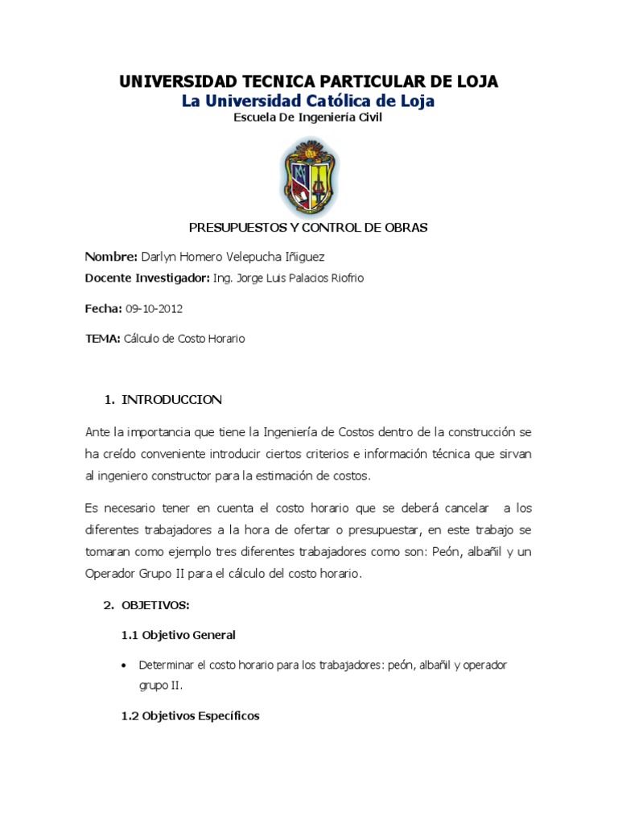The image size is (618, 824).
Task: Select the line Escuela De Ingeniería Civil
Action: point(308,117)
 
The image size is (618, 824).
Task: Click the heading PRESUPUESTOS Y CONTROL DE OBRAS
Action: point(308,228)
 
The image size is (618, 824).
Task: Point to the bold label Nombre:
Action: point(111,257)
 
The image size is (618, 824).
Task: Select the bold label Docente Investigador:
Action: point(146,278)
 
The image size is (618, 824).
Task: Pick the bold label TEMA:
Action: point(102,339)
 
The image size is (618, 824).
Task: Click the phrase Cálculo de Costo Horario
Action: point(183,339)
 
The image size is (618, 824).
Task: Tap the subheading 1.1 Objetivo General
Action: point(179,635)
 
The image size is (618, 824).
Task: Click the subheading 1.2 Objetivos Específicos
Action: point(190,715)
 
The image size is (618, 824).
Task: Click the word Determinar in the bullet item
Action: point(167,665)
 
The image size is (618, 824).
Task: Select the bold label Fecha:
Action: point(103,308)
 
